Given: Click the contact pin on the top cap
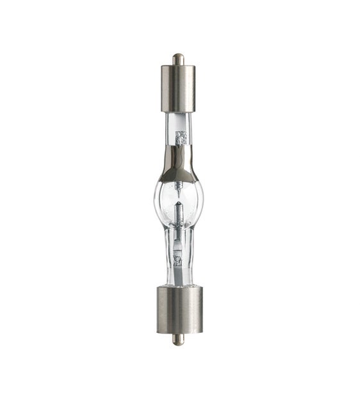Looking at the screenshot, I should pyautogui.click(x=179, y=58).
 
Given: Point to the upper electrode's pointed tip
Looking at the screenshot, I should pyautogui.click(x=180, y=188).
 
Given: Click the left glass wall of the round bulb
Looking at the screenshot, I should pyautogui.click(x=158, y=199).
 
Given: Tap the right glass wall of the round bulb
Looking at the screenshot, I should pyautogui.click(x=202, y=199).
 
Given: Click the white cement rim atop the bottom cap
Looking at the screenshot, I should pyautogui.click(x=179, y=286).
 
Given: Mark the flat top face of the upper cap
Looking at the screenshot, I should pyautogui.click(x=179, y=66).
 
